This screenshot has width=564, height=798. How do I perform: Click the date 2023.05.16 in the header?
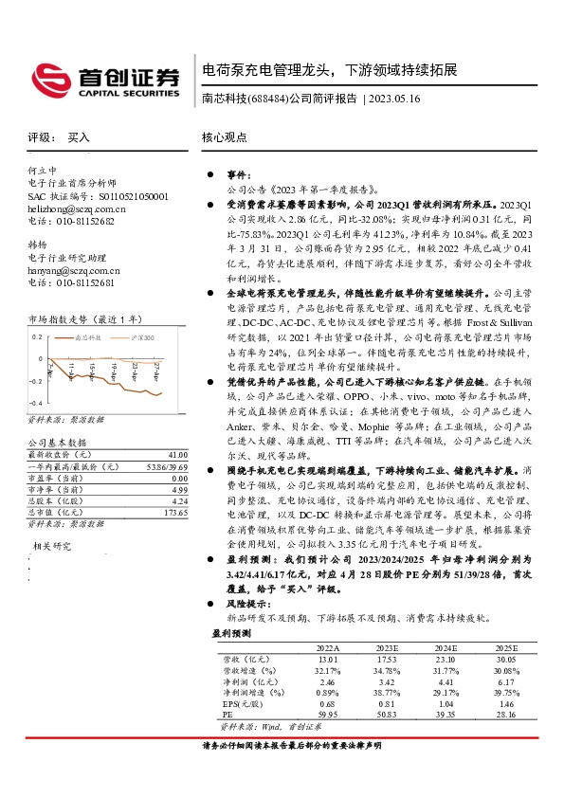pos(395,98)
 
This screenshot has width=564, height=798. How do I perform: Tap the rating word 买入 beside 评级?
pos(79,137)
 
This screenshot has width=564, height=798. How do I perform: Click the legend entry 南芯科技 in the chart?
pos(87,336)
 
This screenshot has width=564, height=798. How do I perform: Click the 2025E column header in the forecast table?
pos(504,646)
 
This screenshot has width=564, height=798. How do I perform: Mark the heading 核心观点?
pos(224,137)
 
